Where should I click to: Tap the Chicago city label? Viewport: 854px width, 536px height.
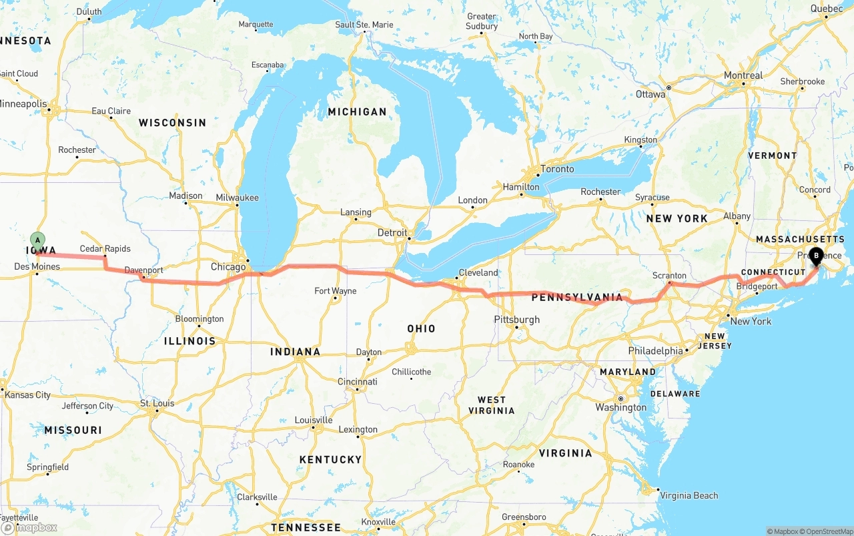(228, 267)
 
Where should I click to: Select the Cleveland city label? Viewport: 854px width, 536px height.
(478, 272)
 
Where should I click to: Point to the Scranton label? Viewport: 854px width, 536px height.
(669, 275)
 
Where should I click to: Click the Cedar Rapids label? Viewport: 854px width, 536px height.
(105, 249)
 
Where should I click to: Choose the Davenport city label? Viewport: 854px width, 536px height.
(143, 270)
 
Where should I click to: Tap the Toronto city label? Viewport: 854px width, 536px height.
(557, 169)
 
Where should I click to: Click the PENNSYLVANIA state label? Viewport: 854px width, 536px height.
(577, 297)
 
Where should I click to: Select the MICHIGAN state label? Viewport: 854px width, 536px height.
(357, 111)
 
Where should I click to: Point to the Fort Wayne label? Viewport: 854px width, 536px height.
(336, 291)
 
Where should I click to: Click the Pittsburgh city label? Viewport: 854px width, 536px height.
(516, 320)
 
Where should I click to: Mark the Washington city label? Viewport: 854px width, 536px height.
(620, 407)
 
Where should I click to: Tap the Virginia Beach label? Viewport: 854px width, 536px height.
(689, 495)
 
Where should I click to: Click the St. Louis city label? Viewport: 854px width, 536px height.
(157, 403)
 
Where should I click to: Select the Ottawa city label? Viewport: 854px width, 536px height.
(650, 94)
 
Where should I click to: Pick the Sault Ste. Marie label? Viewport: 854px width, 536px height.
(364, 25)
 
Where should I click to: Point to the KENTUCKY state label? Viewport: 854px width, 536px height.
(330, 459)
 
